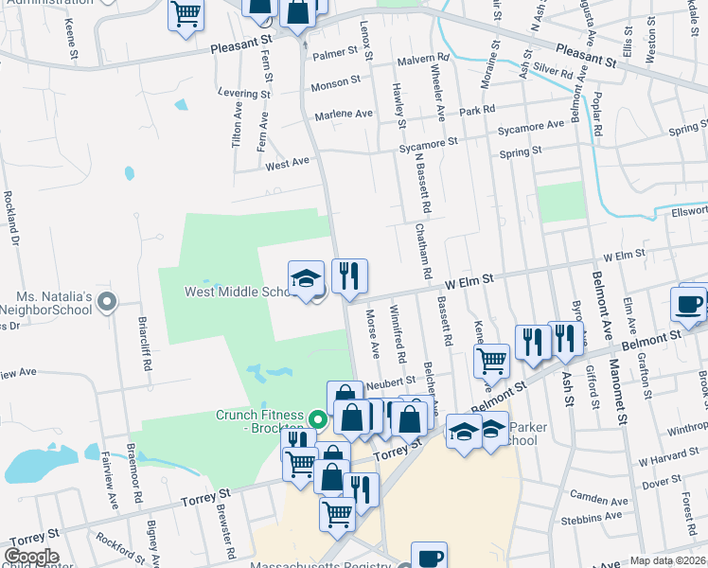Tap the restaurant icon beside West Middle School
point(349,278)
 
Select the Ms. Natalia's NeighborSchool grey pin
point(107,303)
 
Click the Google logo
point(31,557)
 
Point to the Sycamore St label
point(428,141)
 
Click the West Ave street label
point(288,163)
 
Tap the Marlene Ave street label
point(345,114)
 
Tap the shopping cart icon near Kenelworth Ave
point(492,360)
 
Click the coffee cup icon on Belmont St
point(688,304)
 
